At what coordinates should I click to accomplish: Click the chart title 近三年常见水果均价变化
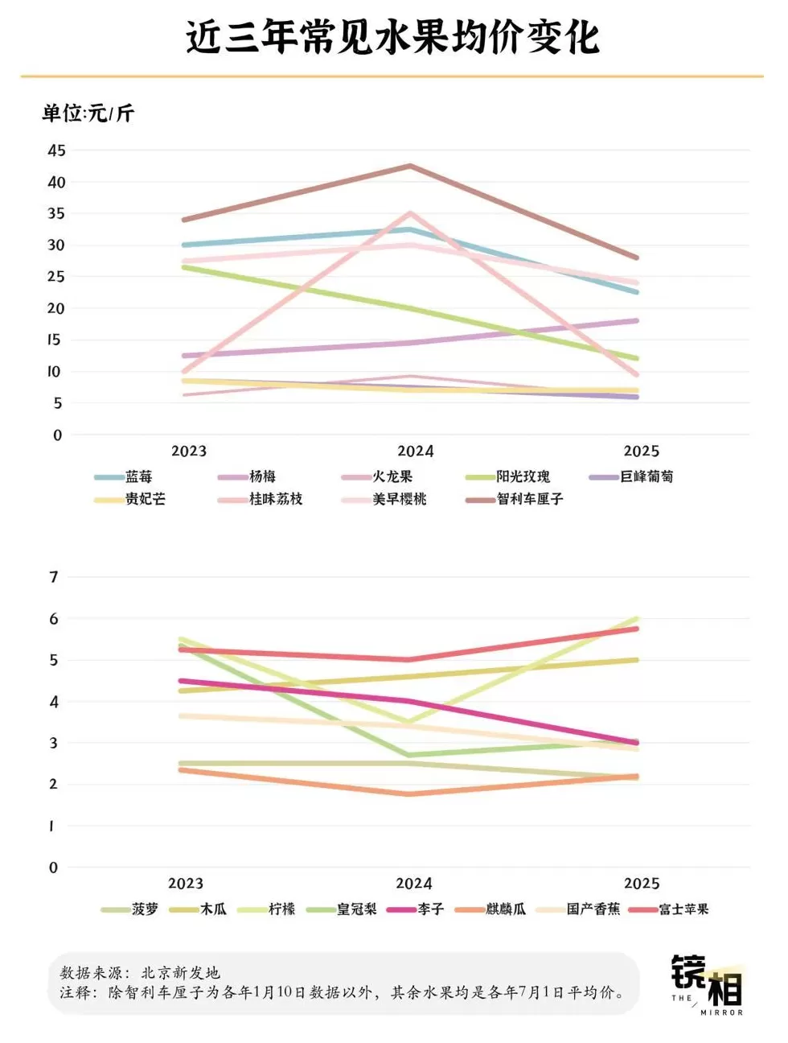[393, 37]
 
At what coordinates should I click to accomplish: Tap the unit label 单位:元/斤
[88, 113]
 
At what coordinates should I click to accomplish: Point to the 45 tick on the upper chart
[56, 150]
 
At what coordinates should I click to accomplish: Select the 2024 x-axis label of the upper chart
[415, 451]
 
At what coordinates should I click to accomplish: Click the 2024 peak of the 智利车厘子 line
[410, 167]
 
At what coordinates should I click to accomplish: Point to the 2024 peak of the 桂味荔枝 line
[410, 213]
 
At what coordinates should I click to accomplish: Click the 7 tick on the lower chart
[54, 577]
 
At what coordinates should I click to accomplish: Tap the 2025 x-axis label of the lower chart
[641, 884]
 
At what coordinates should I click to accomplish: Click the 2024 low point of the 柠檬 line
[410, 722]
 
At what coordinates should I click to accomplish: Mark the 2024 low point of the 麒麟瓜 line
[410, 794]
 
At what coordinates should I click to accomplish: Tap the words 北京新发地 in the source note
[180, 973]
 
